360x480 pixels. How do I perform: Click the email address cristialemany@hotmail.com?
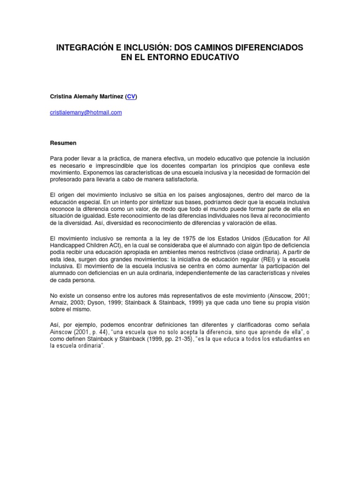(x=86, y=112)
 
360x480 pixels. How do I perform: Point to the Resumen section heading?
(x=63, y=142)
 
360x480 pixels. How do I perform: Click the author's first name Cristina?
(x=62, y=97)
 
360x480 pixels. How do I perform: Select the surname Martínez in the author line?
(x=112, y=97)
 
